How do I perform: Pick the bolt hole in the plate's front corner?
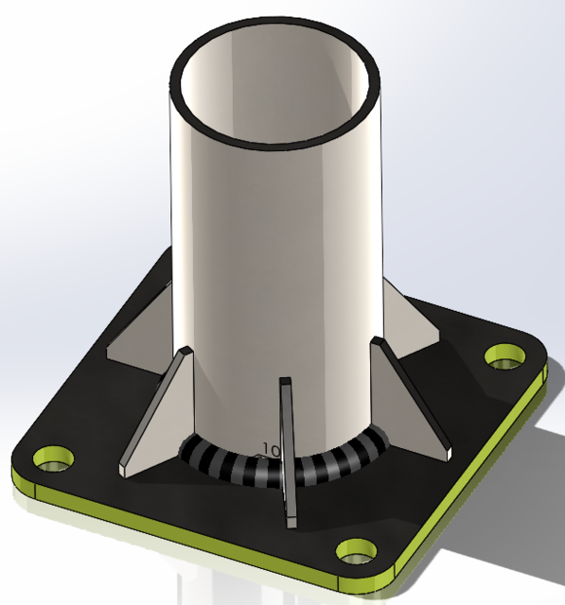point(358,550)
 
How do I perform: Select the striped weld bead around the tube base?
point(322,463)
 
